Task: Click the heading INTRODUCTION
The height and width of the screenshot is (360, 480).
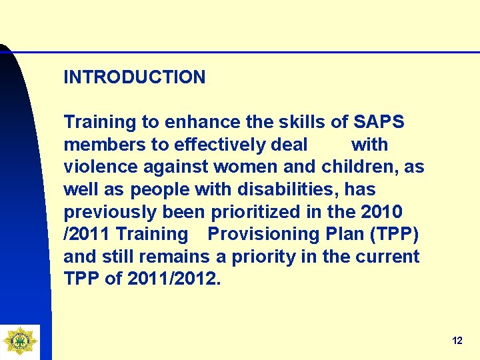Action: [x=134, y=77]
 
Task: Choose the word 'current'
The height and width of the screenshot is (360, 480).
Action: [x=387, y=257]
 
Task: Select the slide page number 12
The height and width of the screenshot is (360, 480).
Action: [x=457, y=341]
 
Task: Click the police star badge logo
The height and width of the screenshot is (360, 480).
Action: [x=19, y=341]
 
